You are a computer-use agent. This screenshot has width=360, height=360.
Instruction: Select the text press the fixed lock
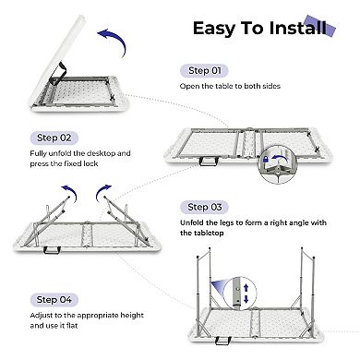[x=56, y=168]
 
